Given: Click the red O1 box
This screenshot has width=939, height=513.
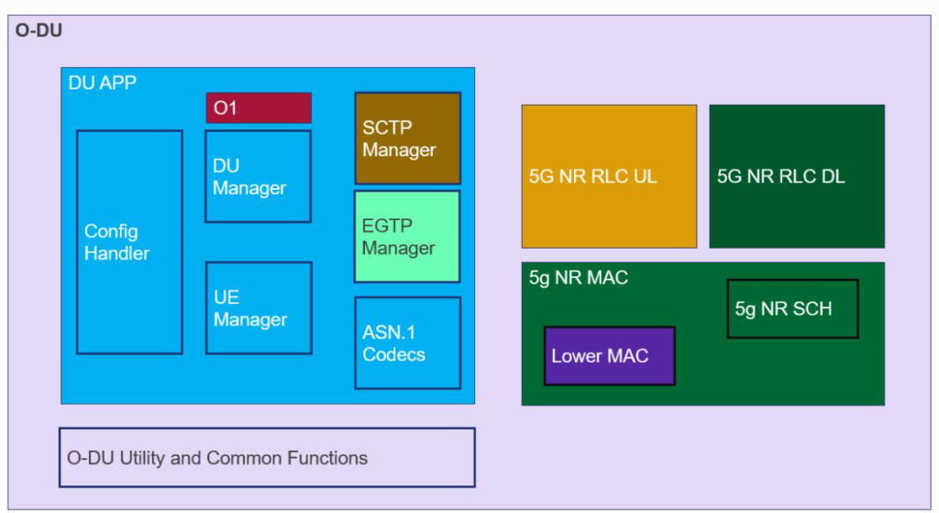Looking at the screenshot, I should [258, 107].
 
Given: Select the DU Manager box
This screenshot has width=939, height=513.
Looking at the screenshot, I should [258, 176].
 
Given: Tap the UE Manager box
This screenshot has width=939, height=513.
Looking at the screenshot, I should [258, 308].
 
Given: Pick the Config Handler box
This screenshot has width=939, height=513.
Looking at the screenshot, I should [129, 242].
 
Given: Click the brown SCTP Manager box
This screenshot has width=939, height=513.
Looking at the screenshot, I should [407, 138].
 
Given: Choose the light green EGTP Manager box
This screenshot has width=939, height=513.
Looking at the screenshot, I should [407, 237].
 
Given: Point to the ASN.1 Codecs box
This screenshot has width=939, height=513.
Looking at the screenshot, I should [407, 342].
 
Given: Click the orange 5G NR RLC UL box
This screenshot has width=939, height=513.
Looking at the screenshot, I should [609, 176].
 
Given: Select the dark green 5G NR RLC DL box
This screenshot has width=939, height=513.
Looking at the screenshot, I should [796, 176].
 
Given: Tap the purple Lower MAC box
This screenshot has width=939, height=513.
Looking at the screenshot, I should [609, 355].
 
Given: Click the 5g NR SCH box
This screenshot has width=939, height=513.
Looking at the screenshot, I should [792, 308].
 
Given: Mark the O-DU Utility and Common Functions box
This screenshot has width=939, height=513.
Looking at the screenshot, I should [267, 457].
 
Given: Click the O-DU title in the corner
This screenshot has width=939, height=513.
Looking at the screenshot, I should [39, 29].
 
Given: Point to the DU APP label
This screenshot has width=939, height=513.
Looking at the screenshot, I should [103, 83].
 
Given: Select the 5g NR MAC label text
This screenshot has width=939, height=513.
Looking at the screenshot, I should [579, 277].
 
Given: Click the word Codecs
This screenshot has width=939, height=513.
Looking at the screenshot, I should [394, 354].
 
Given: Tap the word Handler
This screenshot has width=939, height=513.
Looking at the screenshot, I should [116, 253].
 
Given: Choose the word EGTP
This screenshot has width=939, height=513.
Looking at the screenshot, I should [387, 226].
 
